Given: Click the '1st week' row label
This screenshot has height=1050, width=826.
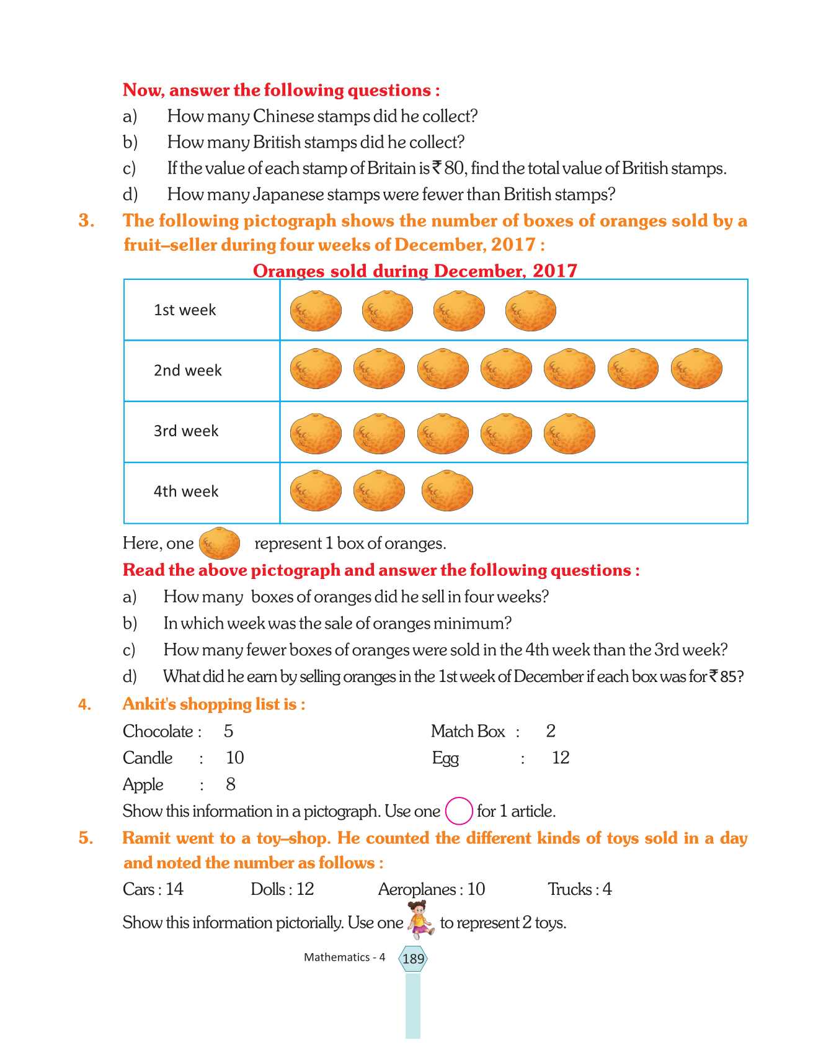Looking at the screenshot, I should coord(185,310).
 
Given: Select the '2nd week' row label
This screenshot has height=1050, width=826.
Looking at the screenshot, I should coord(187,370).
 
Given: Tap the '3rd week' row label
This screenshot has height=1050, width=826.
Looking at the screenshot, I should coord(186,431).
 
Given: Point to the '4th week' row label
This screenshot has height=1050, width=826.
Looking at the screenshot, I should coord(186,491).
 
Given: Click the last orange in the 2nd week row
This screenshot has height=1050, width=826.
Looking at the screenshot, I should coord(696,369).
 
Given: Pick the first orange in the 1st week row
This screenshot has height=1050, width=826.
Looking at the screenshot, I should coord(316,311).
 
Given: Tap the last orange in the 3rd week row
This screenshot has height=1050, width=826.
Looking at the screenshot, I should coord(569,433).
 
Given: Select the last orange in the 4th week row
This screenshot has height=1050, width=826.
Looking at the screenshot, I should coord(447,491).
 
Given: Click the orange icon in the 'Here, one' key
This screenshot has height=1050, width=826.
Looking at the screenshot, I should coord(220,544).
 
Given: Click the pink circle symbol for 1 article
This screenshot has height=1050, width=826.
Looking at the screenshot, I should coord(459,810).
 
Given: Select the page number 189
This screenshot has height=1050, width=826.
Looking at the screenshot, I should coord(413,959).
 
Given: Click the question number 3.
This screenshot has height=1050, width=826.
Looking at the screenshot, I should coord(86,221).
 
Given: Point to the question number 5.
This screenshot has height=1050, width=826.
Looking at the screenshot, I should coord(86,838).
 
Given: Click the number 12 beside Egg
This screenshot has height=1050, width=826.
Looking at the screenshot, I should coord(561,758).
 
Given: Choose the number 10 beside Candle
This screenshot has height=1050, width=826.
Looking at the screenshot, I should coord(235,758).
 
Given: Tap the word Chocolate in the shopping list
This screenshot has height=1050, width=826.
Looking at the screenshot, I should coord(158,732).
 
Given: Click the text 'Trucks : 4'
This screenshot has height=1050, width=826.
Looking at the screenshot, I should coord(579,889).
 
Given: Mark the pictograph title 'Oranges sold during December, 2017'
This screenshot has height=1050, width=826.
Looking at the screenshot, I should coord(415,271).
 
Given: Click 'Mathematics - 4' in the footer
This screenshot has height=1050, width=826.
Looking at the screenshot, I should coord(344,958).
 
